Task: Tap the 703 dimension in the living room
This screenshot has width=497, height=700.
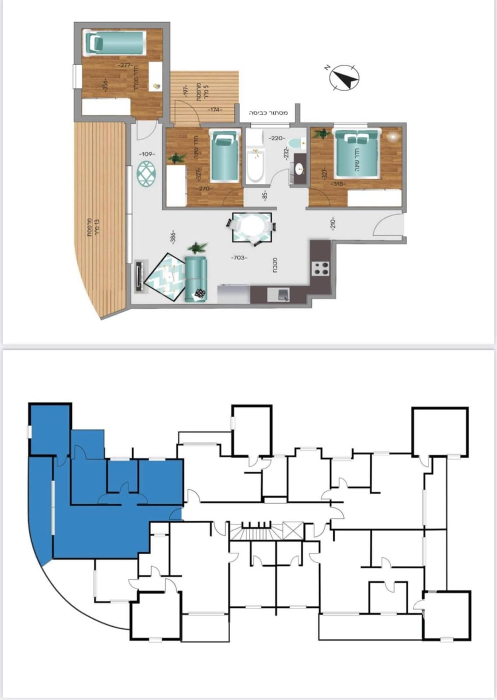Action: coord(239,258)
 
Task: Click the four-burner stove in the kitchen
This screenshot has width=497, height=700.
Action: coord(321,268)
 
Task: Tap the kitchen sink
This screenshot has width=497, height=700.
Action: coord(282,295)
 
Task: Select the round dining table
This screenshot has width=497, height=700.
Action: coord(252,227)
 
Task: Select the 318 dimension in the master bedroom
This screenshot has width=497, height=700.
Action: coord(338,184)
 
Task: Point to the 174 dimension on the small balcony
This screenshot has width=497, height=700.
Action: coord(215,110)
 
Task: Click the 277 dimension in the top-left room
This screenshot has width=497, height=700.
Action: coord(124,65)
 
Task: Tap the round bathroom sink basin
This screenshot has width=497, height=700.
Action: coord(299,168)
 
